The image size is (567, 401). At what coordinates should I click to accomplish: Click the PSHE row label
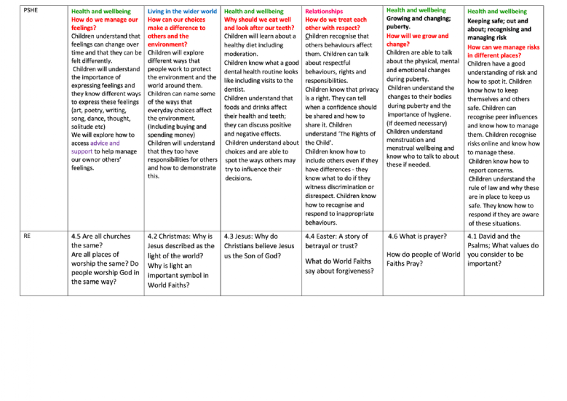click(x=31, y=11)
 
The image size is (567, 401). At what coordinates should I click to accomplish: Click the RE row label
click(x=28, y=237)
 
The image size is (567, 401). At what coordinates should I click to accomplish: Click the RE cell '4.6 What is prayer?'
click(x=419, y=237)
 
